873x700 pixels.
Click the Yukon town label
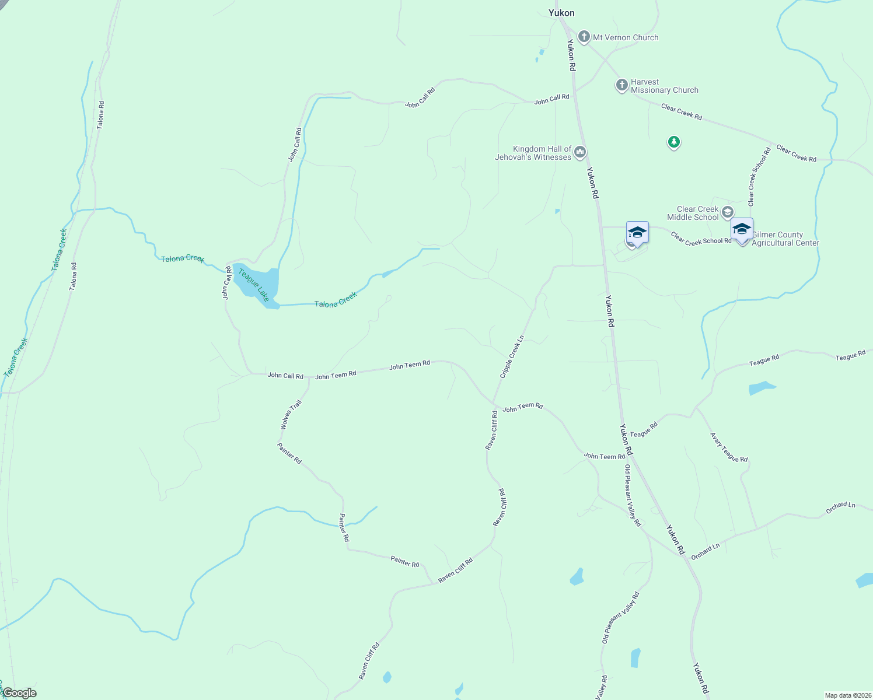click(561, 13)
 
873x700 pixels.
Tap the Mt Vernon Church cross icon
click(584, 37)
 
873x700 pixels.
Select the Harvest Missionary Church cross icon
click(622, 85)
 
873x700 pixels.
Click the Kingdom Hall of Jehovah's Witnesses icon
click(580, 152)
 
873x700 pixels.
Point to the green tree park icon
click(674, 142)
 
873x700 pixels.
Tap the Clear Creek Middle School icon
click(728, 212)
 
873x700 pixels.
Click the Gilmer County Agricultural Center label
click(785, 239)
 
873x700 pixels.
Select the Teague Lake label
click(254, 285)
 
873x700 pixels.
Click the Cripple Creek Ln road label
click(512, 357)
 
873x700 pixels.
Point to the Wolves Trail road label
click(291, 415)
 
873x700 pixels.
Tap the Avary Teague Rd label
click(729, 447)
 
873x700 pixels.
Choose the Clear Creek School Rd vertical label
click(760, 177)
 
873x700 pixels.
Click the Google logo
click(19, 693)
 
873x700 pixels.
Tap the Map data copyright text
click(848, 695)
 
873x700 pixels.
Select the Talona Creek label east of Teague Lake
click(336, 300)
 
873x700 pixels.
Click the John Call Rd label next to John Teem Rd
click(285, 376)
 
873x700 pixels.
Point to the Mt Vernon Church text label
click(626, 37)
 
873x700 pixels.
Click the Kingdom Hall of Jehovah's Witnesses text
click(533, 153)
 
